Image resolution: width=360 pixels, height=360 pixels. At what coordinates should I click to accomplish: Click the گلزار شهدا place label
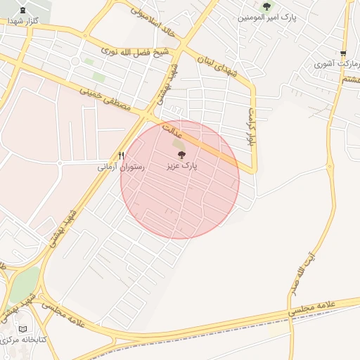(22, 21)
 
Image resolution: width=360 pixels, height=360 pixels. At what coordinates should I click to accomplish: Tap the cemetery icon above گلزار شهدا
(25, 11)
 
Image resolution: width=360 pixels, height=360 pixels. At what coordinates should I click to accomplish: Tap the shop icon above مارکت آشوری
(343, 53)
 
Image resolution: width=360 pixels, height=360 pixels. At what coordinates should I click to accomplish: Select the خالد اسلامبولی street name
(150, 21)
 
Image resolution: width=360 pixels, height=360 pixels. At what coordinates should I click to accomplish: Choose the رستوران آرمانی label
(121, 167)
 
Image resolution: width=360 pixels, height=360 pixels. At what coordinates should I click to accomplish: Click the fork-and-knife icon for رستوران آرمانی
(121, 156)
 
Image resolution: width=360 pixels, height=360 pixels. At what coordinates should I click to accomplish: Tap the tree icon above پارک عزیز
(181, 155)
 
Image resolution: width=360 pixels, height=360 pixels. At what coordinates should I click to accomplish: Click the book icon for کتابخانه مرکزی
(23, 329)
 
